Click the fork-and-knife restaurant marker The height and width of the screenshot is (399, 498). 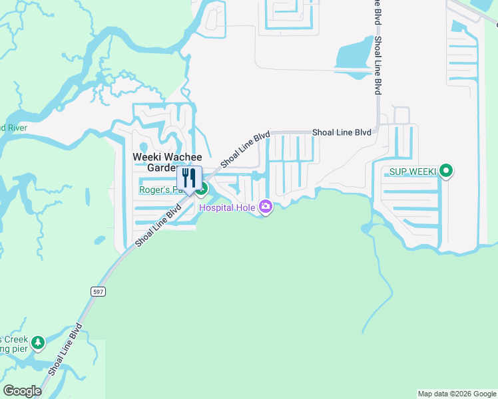click(189, 179)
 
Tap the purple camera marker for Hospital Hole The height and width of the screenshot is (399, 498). click(266, 207)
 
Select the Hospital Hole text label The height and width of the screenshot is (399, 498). click(228, 208)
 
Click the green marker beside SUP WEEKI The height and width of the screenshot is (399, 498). click(447, 172)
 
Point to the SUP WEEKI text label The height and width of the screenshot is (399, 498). click(409, 172)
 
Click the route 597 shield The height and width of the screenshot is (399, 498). click(97, 291)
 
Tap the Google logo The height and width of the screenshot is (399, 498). click(22, 391)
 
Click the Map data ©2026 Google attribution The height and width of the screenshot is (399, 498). click(456, 394)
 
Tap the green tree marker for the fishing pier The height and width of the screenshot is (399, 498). click(39, 342)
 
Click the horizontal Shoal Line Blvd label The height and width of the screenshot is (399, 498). click(342, 133)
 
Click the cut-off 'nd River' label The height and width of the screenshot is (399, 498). click(12, 128)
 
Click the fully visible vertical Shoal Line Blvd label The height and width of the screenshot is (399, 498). click(377, 65)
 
